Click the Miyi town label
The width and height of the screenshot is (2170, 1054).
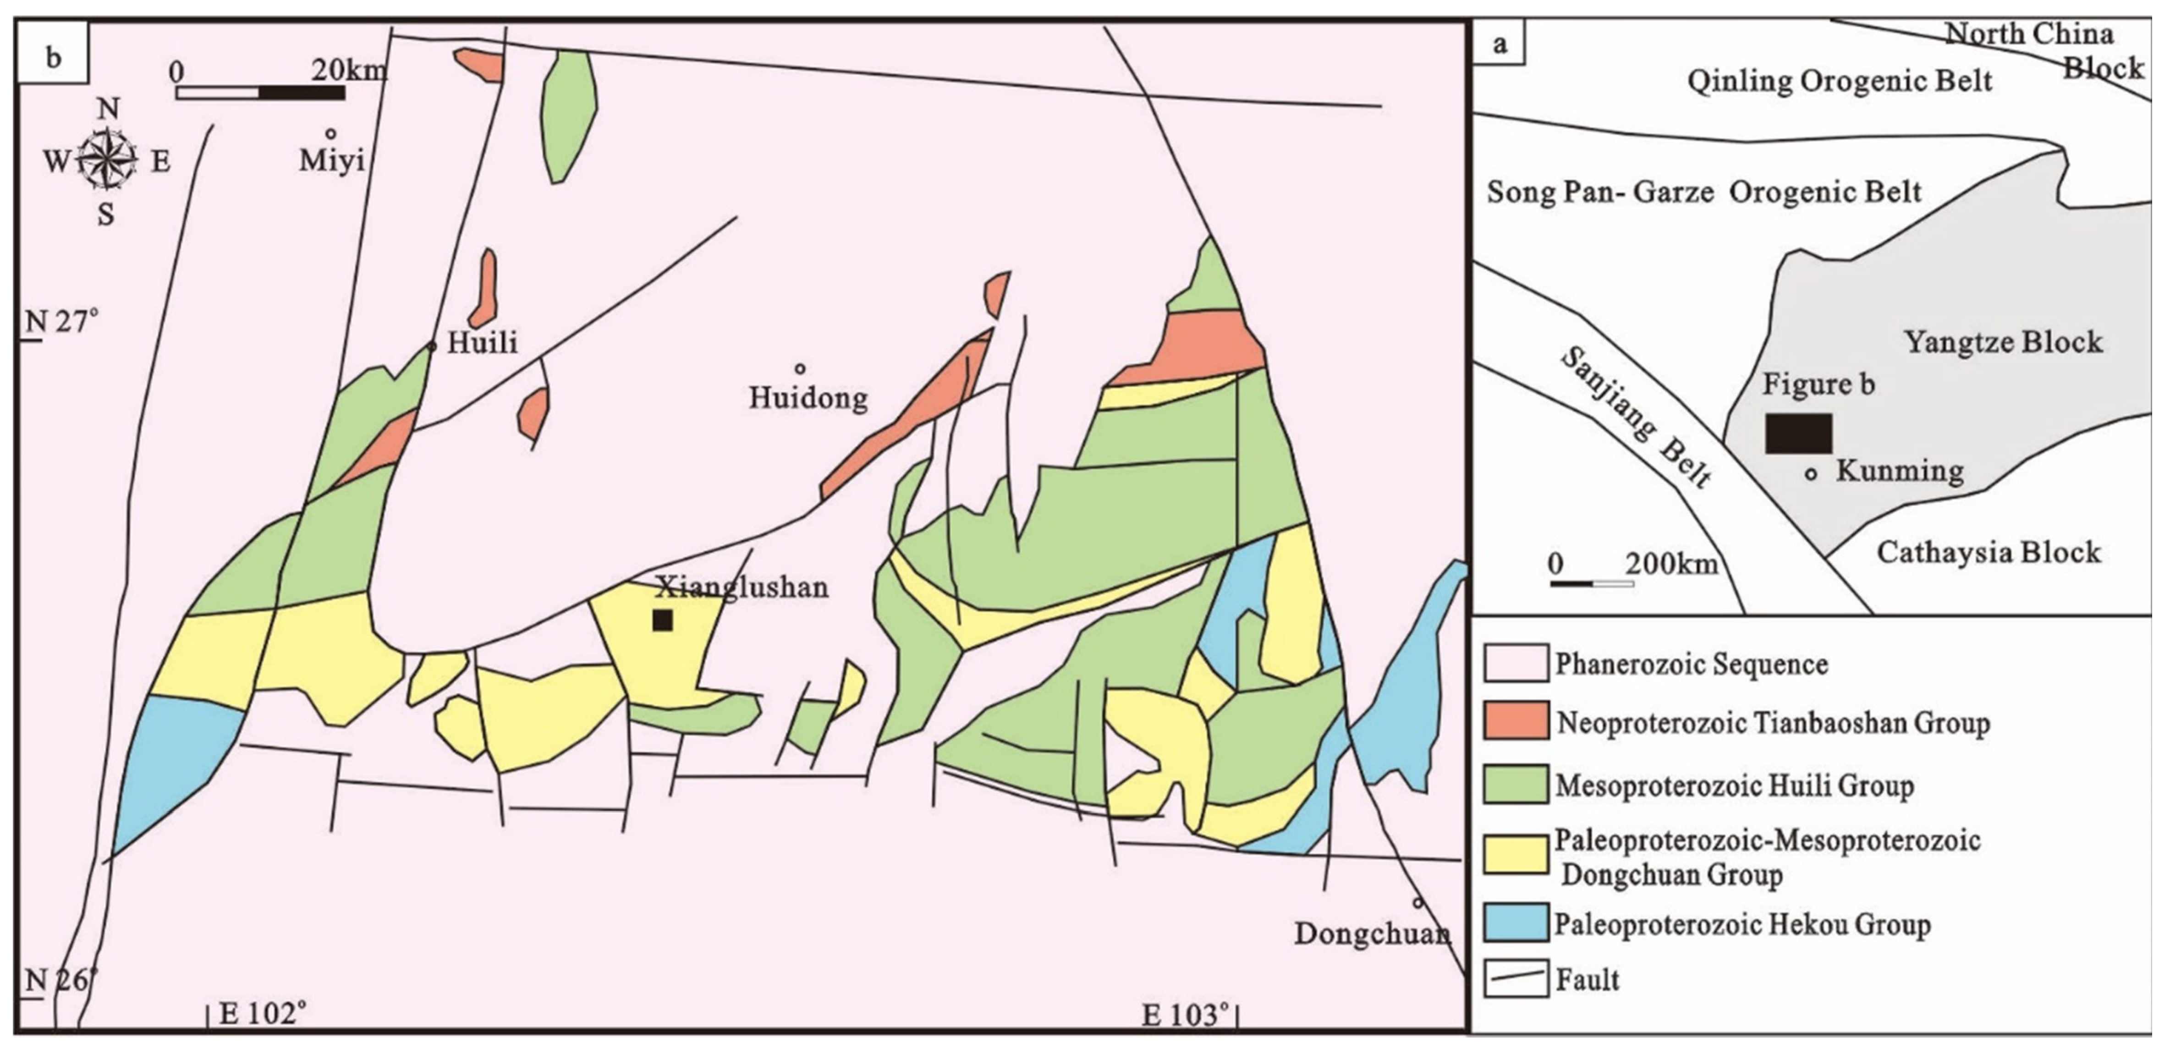click(x=332, y=160)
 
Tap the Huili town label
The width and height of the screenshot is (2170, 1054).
click(x=482, y=342)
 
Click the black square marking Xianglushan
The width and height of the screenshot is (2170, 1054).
click(x=662, y=620)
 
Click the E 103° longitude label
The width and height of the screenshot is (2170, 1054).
click(x=1183, y=1015)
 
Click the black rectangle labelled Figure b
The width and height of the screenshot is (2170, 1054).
click(x=1798, y=433)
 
